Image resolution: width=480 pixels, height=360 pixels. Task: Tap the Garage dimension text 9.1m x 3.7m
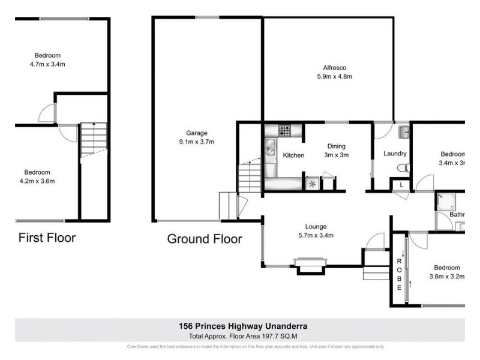[x=196, y=142]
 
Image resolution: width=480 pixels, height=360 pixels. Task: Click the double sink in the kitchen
[x=271, y=144]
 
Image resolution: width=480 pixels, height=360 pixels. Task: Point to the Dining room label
[x=336, y=146]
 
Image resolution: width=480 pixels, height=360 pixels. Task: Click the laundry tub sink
[x=403, y=130]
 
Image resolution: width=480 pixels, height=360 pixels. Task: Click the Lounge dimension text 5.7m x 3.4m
[x=316, y=235]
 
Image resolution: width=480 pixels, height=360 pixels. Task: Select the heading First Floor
[x=47, y=238]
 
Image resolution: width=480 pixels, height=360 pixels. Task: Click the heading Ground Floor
[x=204, y=239]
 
